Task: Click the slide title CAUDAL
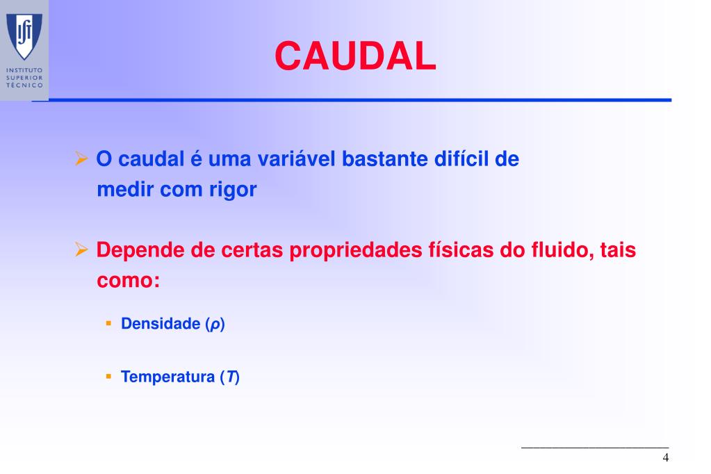pos(355,56)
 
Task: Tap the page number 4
pos(666,457)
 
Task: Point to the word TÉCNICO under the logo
pos(24,85)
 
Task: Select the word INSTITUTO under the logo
pos(24,70)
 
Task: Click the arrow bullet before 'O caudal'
pos(81,159)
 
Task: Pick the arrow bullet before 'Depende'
pos(81,250)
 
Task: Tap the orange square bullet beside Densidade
pos(108,323)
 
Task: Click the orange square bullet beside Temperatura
pos(108,376)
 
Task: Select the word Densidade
pos(161,324)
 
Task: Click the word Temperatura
pos(167,377)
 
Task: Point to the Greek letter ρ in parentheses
pos(215,325)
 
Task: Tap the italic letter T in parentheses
pos(230,377)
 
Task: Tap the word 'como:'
pos(129,281)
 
